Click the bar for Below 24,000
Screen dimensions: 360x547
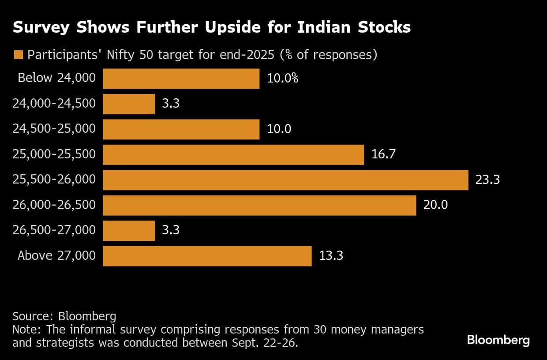click(x=181, y=79)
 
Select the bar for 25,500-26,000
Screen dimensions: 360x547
click(x=285, y=180)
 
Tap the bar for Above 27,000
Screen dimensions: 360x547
click(x=207, y=256)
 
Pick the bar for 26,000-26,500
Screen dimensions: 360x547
click(x=259, y=205)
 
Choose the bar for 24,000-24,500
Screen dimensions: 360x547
click(x=129, y=104)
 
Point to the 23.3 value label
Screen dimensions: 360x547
click(x=487, y=180)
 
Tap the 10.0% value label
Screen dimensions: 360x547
click(x=282, y=79)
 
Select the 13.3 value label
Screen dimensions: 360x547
click(x=331, y=256)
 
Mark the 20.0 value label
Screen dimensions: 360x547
click(x=435, y=205)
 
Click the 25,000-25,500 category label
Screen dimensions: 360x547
click(x=54, y=154)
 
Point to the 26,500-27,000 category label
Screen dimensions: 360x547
click(x=54, y=230)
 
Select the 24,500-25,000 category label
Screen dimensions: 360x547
click(x=54, y=129)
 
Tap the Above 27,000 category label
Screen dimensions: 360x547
click(x=56, y=256)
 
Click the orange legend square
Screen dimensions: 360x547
click(x=18, y=55)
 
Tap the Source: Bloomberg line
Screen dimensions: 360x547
click(x=64, y=316)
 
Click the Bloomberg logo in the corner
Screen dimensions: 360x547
click(x=498, y=340)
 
